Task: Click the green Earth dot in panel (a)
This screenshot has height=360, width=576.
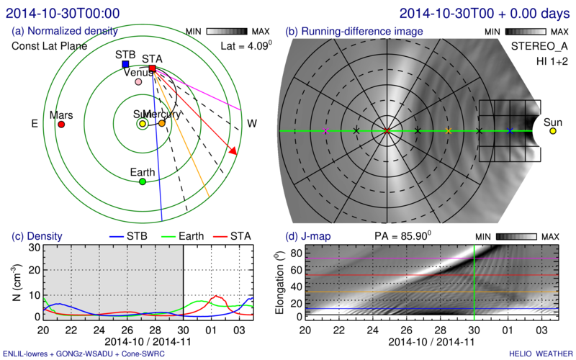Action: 143,182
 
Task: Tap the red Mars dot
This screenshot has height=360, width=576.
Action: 61,125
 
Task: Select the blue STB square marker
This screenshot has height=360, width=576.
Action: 126,64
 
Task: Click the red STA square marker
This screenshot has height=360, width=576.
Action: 152,69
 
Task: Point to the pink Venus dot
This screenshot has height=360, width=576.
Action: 138,82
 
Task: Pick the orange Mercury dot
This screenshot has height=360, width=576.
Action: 162,123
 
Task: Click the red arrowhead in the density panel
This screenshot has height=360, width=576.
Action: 233,150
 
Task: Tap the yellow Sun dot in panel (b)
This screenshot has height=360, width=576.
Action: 553,131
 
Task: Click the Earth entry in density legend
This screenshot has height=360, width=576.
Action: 195,235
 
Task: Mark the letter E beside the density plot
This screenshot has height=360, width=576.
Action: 34,124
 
